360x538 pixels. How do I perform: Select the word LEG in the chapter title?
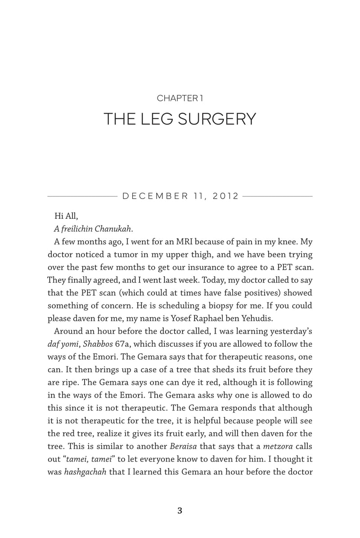[x=151, y=119]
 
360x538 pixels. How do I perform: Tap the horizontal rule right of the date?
[x=277, y=197]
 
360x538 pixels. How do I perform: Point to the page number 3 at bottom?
[x=180, y=511]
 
